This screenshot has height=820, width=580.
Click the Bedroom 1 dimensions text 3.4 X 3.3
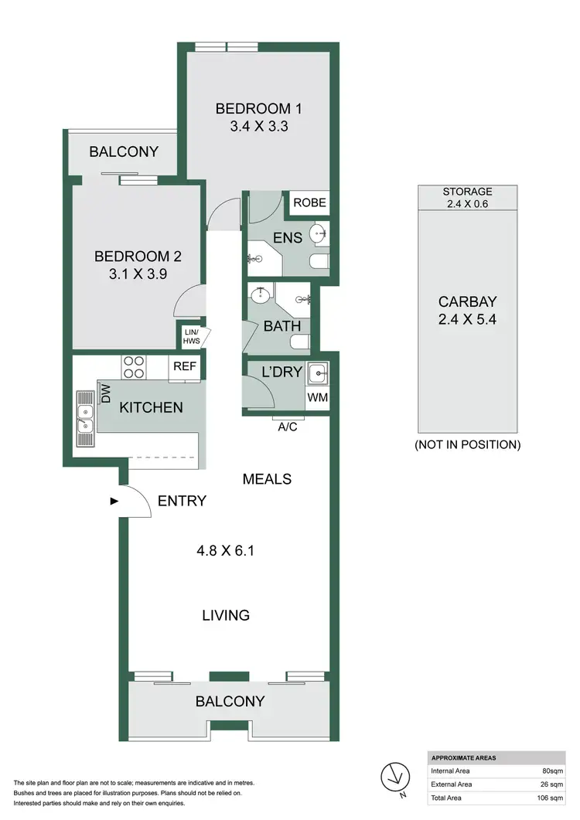coord(258,127)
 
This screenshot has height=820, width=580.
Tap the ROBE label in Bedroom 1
coord(309,203)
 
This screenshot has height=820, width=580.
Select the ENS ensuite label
coord(288,238)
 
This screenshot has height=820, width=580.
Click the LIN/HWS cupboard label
coord(190,335)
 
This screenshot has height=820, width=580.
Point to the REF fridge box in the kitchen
coord(184,367)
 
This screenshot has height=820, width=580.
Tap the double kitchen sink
coord(85,417)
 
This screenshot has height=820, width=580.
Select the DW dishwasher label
coord(107,395)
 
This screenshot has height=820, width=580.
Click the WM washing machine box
coord(317,398)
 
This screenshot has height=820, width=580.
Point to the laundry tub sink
coord(317,374)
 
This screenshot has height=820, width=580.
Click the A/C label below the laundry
coord(288,426)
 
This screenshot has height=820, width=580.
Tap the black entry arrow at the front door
coord(114,501)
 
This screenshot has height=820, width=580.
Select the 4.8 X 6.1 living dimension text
coord(226,551)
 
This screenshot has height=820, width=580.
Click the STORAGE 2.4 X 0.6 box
coord(467,198)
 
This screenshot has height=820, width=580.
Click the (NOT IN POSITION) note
coord(467,445)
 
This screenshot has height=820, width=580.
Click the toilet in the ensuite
coord(319,262)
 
